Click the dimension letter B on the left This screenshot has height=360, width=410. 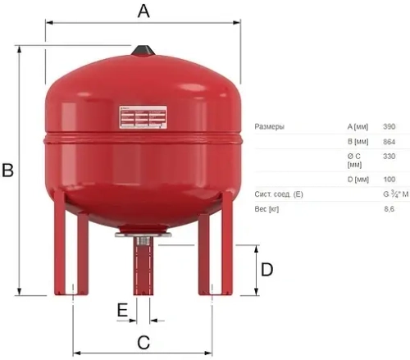tap(8, 171)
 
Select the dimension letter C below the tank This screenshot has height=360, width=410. tap(143, 344)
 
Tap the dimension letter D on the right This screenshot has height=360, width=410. tap(266, 269)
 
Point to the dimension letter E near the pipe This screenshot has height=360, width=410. tap(122, 311)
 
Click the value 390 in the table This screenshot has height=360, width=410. tap(389, 126)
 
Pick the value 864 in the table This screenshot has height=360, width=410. tap(389, 142)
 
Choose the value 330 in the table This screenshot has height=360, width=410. tap(389, 156)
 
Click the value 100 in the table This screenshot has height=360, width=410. tap(389, 179)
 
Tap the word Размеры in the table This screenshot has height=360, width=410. tap(270, 126)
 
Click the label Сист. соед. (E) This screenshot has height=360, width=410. tap(279, 194)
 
